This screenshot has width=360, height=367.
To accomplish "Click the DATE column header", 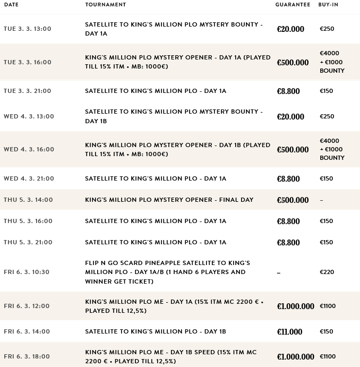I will [x=11, y=5].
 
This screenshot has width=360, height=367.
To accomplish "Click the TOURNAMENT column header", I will [x=106, y=5].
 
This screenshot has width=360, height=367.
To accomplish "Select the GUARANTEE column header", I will [x=293, y=5].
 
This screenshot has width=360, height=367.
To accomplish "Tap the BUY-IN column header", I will [x=328, y=5].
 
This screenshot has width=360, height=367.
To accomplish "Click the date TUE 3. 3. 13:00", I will [x=28, y=29].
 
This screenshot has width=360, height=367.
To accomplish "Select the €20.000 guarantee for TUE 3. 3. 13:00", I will [x=290, y=29].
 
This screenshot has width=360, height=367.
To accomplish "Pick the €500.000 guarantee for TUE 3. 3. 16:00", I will [x=293, y=63].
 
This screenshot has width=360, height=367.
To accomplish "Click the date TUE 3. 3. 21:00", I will [x=28, y=91].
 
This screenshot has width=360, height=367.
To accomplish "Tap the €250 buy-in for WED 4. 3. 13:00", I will [x=327, y=116].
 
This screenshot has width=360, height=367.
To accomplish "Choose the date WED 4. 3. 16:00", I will [x=29, y=149].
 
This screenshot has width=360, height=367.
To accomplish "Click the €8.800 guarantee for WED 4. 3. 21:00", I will [x=288, y=179].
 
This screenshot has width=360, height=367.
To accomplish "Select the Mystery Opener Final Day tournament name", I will [x=169, y=200].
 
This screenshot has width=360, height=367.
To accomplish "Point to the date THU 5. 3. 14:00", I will [x=28, y=200].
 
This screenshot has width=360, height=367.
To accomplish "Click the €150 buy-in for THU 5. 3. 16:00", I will [x=327, y=221].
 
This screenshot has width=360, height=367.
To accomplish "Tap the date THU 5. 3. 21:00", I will [x=28, y=242].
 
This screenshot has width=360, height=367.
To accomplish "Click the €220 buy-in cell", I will [x=327, y=272].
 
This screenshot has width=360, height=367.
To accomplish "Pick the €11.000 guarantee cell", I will [x=289, y=332].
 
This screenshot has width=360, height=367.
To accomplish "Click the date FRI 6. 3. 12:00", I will [x=27, y=306].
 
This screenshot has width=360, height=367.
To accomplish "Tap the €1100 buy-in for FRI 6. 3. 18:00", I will [x=328, y=357].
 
